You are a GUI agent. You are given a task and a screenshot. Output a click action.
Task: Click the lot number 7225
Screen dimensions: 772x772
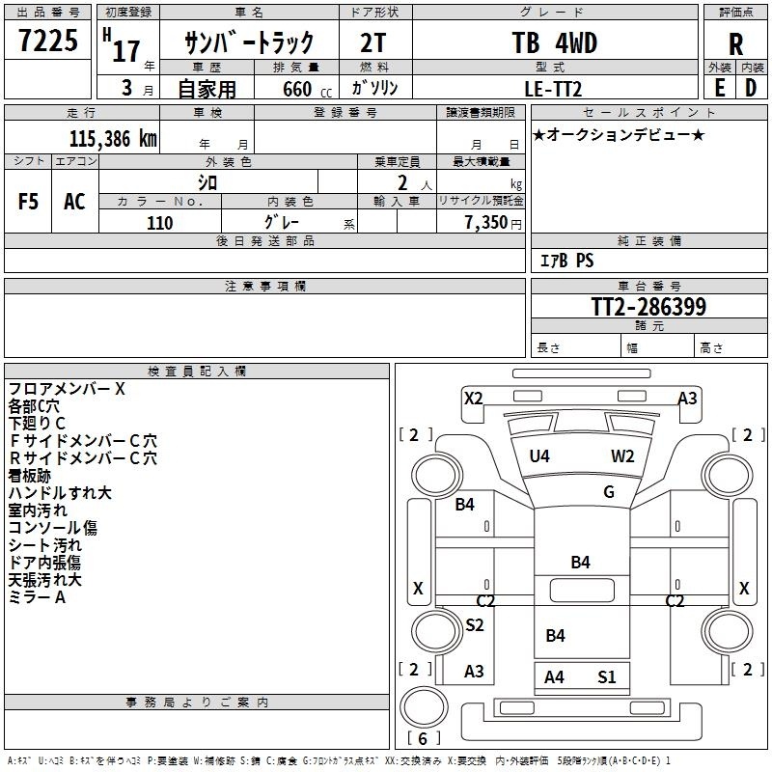[x=48, y=41]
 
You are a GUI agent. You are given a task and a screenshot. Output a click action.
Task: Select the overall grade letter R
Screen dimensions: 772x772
[x=735, y=44]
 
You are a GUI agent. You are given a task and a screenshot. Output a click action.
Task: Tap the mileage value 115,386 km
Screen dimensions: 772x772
[x=113, y=139]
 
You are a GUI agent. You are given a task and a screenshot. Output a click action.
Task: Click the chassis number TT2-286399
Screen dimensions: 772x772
[x=648, y=306]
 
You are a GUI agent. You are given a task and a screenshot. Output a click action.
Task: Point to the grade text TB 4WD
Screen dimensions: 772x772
[x=554, y=42]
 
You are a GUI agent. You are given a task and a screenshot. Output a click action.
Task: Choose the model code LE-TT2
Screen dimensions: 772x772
[x=553, y=89]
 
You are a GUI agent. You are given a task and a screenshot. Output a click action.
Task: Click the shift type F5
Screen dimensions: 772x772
[x=28, y=202]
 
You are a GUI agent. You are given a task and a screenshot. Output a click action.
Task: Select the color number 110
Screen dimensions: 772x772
[x=159, y=223]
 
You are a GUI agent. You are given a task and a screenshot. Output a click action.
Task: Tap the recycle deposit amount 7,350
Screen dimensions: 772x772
[x=485, y=223]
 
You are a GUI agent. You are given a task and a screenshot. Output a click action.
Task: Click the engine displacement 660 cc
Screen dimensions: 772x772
[x=307, y=89]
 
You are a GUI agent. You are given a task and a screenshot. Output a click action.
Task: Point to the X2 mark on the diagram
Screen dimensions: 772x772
[x=474, y=398]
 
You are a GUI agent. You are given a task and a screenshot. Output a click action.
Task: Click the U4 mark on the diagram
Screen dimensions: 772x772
[x=539, y=455]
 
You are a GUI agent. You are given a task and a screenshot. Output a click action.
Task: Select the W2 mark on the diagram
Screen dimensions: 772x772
[x=622, y=455]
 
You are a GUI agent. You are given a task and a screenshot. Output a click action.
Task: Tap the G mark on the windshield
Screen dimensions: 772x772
[x=609, y=491]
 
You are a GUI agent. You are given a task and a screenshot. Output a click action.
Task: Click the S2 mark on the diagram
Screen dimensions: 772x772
[x=475, y=624]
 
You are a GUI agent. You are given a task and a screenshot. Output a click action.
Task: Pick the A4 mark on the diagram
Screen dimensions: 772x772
[x=554, y=677]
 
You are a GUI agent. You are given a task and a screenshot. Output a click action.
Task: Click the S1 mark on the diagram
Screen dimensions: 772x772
[x=607, y=677]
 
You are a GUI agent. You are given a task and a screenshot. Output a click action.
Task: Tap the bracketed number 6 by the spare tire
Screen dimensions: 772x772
[x=423, y=738]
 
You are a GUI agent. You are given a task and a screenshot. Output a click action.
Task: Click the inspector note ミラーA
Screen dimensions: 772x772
[x=37, y=597]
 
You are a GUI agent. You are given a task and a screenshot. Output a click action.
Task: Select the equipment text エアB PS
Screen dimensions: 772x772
[x=567, y=261]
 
